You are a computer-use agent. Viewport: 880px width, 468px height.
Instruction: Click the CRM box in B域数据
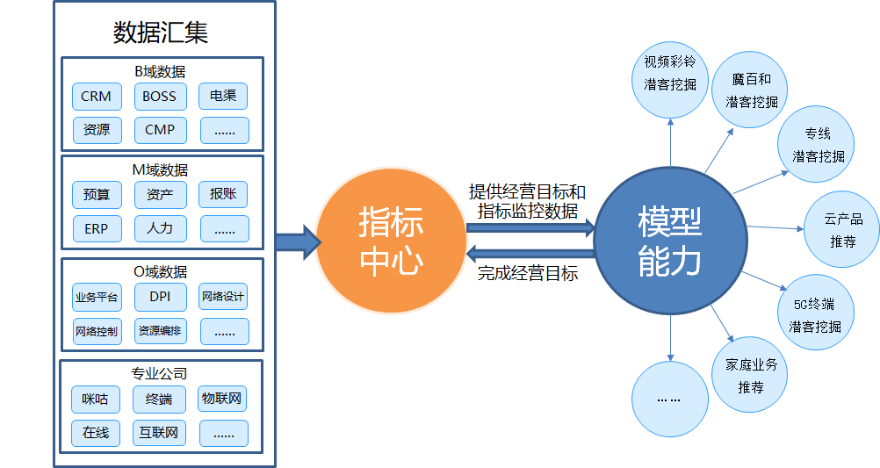pyautogui.click(x=96, y=97)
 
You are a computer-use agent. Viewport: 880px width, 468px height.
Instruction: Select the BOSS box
pyautogui.click(x=160, y=97)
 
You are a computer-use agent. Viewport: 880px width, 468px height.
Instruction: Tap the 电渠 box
pyautogui.click(x=223, y=97)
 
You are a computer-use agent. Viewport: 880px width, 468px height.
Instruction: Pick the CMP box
pyautogui.click(x=160, y=130)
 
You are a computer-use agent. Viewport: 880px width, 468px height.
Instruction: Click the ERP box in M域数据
pyautogui.click(x=96, y=228)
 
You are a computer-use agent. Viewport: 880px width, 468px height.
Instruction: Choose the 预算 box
pyautogui.click(x=96, y=195)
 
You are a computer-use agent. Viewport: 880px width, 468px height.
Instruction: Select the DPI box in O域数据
pyautogui.click(x=160, y=297)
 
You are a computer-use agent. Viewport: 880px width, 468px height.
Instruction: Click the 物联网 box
pyautogui.click(x=222, y=400)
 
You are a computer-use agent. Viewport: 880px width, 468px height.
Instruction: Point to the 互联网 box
pyautogui.click(x=159, y=433)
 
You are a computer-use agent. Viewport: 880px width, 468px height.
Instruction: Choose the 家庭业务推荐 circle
pyautogui.click(x=750, y=375)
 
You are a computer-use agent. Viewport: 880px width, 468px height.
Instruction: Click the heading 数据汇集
pyautogui.click(x=161, y=32)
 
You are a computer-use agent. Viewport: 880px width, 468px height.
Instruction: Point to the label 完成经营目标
pyautogui.click(x=527, y=274)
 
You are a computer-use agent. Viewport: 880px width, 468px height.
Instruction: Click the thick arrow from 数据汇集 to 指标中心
pyautogui.click(x=296, y=241)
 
